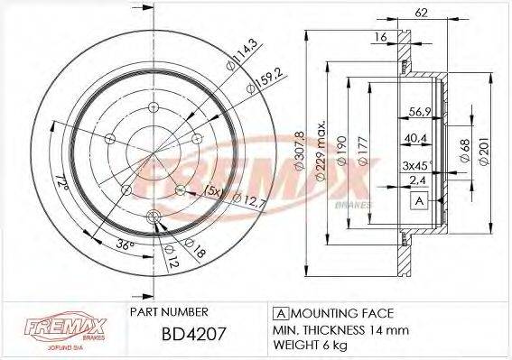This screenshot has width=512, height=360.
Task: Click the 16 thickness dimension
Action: (382, 35)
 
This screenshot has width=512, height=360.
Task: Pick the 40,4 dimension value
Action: (416, 138)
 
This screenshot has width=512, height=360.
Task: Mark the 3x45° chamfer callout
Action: (418, 165)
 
